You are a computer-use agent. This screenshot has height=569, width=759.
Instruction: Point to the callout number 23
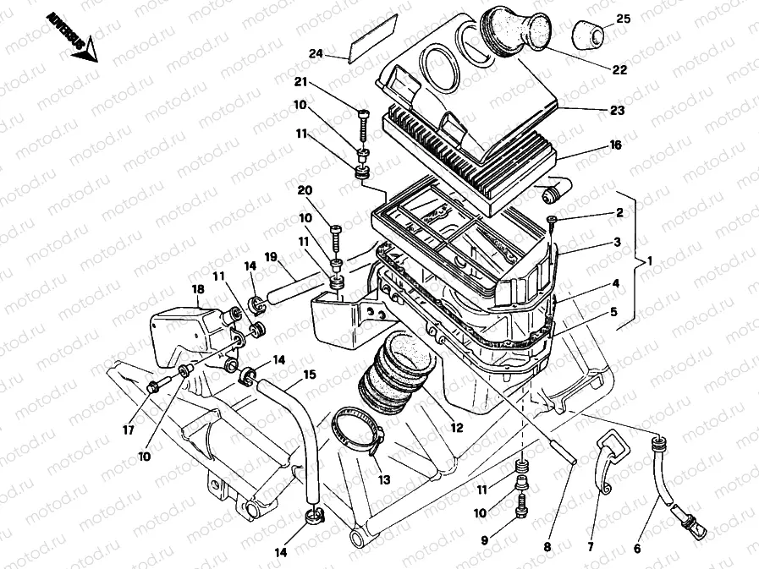[x=617, y=110]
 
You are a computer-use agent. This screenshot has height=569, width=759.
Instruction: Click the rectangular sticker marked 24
[x=373, y=39]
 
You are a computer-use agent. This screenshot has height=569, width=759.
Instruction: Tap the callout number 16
[x=615, y=145]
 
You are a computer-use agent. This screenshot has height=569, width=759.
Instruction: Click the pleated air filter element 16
[x=474, y=157]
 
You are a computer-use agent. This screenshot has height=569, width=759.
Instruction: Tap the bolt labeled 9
[x=521, y=506]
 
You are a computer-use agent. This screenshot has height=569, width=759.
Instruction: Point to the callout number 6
[x=637, y=549]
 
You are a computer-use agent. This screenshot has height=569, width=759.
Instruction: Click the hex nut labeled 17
[x=153, y=388]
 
